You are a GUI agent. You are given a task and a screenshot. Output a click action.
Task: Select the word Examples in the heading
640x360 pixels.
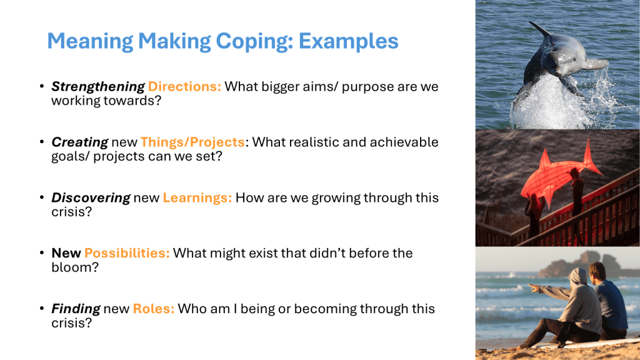pos(348,41)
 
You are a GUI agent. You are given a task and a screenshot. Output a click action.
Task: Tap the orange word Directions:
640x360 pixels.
pos(184,86)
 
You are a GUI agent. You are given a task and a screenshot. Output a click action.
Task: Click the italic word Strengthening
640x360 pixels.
pos(98,87)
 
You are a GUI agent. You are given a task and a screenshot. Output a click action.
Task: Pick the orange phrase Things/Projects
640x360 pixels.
pos(192,142)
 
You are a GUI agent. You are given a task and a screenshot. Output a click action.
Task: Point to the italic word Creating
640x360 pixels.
pos(79,142)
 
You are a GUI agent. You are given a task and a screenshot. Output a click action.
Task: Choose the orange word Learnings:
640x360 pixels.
pos(197,198)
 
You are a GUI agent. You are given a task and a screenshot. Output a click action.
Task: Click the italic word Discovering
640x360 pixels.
pos(91,198)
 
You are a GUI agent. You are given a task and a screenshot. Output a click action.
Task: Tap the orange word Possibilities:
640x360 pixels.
pos(127,254)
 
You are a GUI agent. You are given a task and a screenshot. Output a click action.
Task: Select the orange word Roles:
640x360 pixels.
pos(154,309)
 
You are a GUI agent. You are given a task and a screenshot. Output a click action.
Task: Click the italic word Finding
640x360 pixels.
pos(76,309)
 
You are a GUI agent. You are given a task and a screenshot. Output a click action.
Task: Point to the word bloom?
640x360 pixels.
pos(75,267)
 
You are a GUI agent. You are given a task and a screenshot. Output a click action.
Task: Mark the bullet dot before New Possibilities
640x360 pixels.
pos(42,253)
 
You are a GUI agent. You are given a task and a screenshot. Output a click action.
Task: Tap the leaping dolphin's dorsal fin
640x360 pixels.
pos(540,29)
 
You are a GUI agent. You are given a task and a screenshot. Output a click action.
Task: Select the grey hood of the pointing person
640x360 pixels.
pos(578,277)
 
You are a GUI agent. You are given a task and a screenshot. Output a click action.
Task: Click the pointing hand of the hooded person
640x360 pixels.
pos(534,287)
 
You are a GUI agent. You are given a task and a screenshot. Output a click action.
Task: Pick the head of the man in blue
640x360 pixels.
pos(597,271)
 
